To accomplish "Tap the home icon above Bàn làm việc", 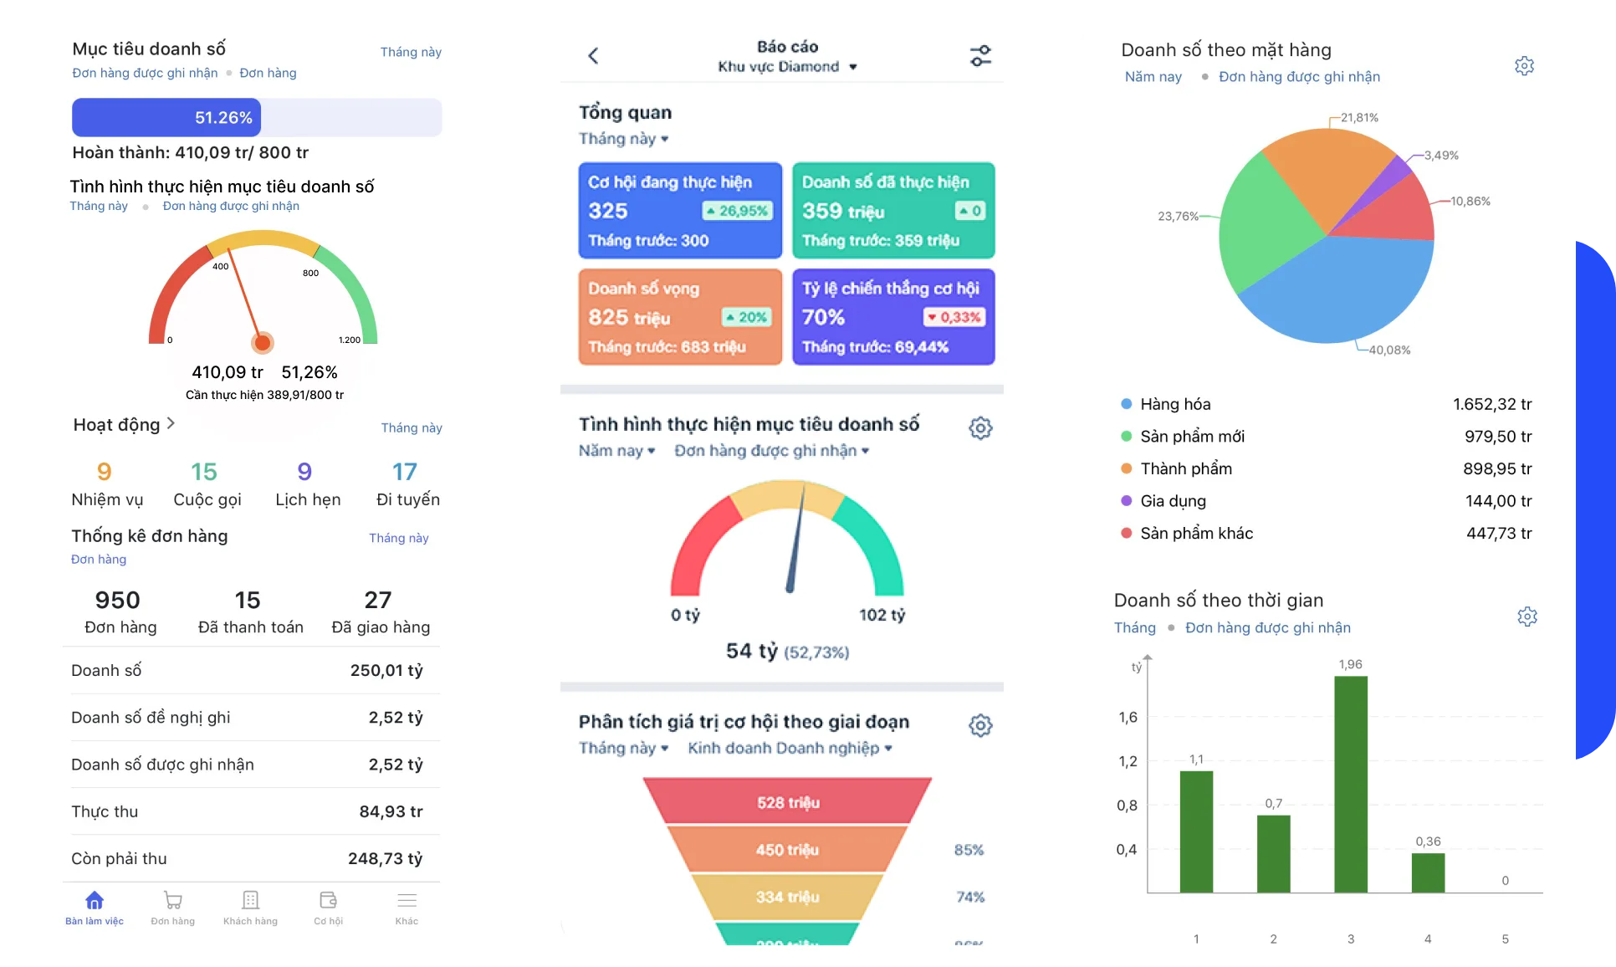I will coord(95,900).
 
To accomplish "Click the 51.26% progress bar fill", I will coord(166,118).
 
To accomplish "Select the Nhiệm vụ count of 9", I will coord(104,472).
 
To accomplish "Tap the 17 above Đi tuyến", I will coord(405,472).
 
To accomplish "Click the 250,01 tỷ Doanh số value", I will coord(386,671).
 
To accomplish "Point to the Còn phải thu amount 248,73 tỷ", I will coord(385,859).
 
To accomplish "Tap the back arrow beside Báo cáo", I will coord(594,56).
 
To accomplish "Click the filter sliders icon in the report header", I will coord(980,56).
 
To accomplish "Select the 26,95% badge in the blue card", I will coord(737,211).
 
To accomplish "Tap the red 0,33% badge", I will coord(954,317).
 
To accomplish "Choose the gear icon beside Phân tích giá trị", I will coord(980,725).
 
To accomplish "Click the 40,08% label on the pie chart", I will coord(1389,350).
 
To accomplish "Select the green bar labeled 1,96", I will coord(1351,784).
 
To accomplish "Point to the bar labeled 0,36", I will coord(1428,872).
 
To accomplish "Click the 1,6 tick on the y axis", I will coord(1128,718).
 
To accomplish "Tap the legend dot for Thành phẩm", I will coord(1127,468).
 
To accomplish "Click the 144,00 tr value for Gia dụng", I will coord(1498,501).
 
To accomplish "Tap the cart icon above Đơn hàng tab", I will coord(173,900).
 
